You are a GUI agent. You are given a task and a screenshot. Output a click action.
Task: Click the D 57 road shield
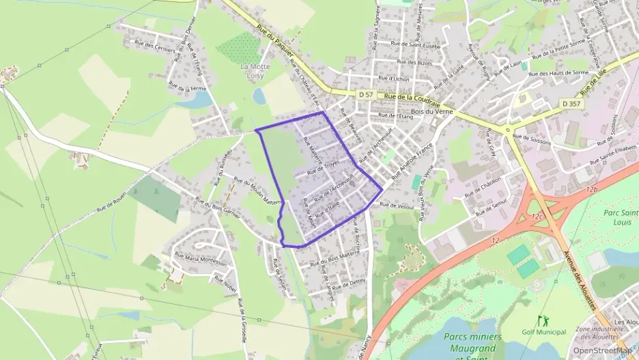click(x=365, y=95)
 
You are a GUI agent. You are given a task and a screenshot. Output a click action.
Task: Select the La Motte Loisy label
click(x=255, y=72)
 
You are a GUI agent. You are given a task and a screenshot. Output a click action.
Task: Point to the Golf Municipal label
click(x=543, y=332)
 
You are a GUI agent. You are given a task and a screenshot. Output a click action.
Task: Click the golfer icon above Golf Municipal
click(x=543, y=320)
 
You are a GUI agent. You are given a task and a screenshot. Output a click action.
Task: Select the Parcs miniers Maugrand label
click(x=472, y=342)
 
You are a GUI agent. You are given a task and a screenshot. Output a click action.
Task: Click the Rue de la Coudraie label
click(x=412, y=98)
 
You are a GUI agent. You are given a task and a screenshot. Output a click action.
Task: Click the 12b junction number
click(x=591, y=189)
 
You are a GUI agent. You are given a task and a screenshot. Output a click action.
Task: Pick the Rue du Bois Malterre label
click(x=335, y=258)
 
